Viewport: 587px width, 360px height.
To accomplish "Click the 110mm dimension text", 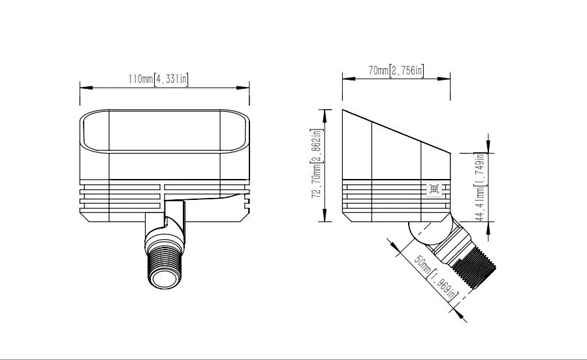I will point(140,80).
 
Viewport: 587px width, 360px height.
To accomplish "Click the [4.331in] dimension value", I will point(171,80).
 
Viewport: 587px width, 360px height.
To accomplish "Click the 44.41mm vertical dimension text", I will point(480,202).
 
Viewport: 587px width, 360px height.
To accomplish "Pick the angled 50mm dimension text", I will point(422,265).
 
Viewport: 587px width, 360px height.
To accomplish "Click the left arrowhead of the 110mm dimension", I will point(84,87).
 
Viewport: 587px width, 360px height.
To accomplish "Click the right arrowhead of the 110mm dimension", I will point(246,87).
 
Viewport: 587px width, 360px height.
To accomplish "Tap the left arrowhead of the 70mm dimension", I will point(346,79).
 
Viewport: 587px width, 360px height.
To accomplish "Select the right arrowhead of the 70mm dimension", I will point(447,79).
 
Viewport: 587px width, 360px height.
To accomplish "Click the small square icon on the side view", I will point(435,189).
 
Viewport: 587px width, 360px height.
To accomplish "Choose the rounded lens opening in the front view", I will point(165,131).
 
